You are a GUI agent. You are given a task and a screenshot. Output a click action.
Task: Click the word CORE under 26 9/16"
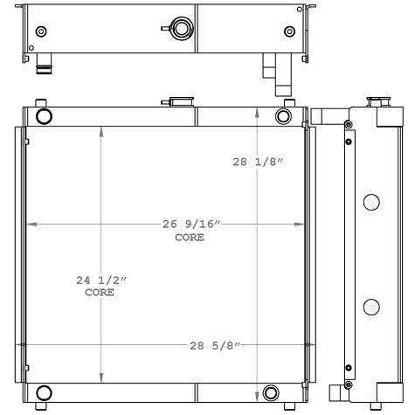tap(190, 238)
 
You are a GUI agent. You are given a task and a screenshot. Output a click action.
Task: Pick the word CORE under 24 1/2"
tap(99, 294)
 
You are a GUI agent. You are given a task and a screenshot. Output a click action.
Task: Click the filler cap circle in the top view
tap(181, 30)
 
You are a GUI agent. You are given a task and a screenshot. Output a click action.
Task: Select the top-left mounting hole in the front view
tap(44, 116)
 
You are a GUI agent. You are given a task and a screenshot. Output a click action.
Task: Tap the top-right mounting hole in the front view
tap(283, 116)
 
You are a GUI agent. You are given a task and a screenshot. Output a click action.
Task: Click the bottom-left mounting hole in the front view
tap(44, 392)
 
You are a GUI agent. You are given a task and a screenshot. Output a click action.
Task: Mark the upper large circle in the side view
tap(370, 203)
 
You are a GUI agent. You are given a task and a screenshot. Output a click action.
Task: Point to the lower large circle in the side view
tap(370, 307)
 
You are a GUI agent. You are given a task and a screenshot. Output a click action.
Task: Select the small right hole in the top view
tap(289, 31)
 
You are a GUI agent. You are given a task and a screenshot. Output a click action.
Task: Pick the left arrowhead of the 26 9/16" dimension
tap(27, 225)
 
